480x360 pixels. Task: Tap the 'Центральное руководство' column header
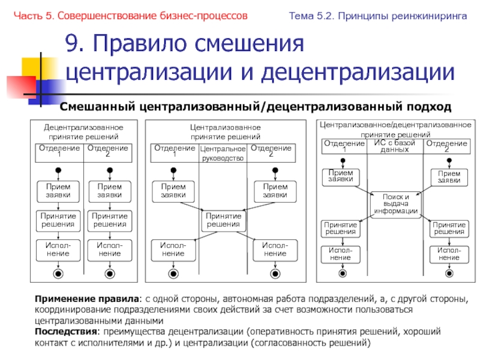[x=223, y=154]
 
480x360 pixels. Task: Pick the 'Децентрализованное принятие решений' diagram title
[x=83, y=132]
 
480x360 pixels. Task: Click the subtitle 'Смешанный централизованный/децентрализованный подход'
[x=254, y=107]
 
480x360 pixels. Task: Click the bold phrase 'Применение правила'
[x=87, y=298]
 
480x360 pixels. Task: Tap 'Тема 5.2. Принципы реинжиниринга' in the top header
[x=379, y=16]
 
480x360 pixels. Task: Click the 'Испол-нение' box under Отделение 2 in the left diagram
[x=110, y=250]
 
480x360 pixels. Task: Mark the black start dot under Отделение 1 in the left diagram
[x=58, y=170]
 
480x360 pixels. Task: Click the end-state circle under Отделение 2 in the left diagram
[x=110, y=274]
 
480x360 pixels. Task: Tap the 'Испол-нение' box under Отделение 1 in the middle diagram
[x=173, y=250]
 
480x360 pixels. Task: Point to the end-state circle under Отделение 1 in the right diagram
[x=343, y=273]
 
